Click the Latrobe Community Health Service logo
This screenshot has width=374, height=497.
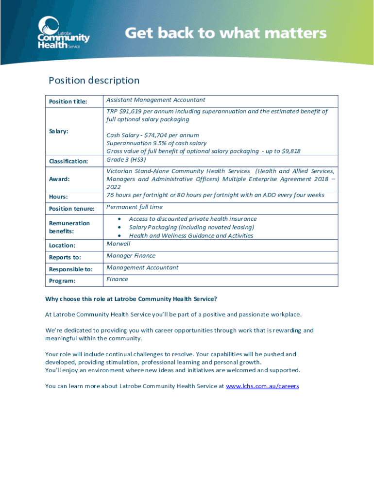[x=63, y=33]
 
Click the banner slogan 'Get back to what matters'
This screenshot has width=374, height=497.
[x=226, y=33]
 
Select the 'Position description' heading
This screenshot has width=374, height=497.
[x=94, y=81]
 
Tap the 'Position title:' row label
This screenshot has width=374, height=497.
[x=68, y=101]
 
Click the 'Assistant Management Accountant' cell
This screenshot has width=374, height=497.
[x=156, y=100]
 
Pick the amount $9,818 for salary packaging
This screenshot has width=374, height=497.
[x=289, y=151]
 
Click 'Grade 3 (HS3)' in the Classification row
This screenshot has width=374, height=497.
[x=126, y=159]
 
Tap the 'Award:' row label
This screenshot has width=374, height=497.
[x=59, y=179]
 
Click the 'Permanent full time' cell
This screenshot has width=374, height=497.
[x=135, y=207]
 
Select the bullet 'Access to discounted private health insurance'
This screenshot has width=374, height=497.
[x=193, y=219]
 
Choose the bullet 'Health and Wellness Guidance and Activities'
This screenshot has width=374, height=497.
[x=191, y=235]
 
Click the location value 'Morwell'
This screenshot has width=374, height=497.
[x=119, y=243]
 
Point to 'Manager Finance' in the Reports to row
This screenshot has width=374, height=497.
[x=131, y=256]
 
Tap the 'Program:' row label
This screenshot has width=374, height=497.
[x=62, y=281]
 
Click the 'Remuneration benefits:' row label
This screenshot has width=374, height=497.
[x=69, y=227]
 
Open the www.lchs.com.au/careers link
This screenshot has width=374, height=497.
[x=262, y=386]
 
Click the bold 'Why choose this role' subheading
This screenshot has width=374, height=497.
[x=131, y=299]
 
